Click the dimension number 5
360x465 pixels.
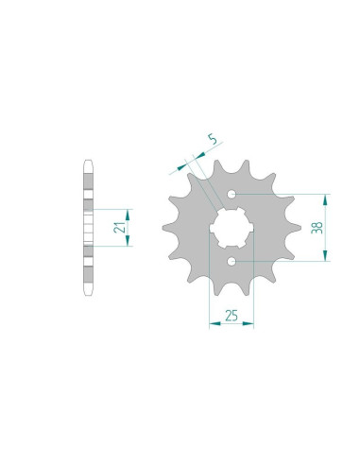pyautogui.click(x=214, y=139)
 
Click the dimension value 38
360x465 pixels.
pyautogui.click(x=317, y=228)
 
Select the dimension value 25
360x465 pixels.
pyautogui.click(x=231, y=316)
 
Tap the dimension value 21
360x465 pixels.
pyautogui.click(x=119, y=228)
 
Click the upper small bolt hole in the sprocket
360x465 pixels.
pyautogui.click(x=231, y=194)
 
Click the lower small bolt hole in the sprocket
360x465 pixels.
pyautogui.click(x=231, y=261)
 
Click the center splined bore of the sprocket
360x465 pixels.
pyautogui.click(x=231, y=228)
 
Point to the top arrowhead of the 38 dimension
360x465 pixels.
pyautogui.click(x=326, y=199)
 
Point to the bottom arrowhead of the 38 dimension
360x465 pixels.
pyautogui.click(x=326, y=255)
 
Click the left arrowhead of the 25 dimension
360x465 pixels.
pyautogui.click(x=214, y=323)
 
